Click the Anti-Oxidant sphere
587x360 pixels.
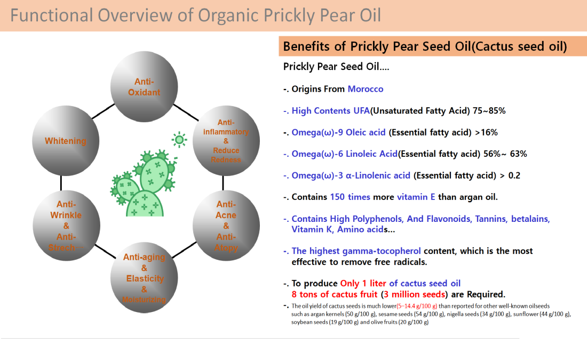pyautogui.click(x=144, y=86)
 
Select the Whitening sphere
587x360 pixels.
pyautogui.click(x=66, y=141)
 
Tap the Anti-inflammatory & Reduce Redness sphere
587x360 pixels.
pyautogui.click(x=226, y=141)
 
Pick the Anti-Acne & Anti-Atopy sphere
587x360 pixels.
pyautogui.click(x=226, y=226)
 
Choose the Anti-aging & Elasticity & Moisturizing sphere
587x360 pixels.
pyautogui.click(x=144, y=278)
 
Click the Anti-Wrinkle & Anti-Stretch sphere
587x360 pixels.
pyautogui.click(x=66, y=226)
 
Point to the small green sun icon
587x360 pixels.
pyautogui.click(x=179, y=140)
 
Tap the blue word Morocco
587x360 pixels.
pyautogui.click(x=366, y=89)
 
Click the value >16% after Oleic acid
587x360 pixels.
pyautogui.click(x=486, y=132)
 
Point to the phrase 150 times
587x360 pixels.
pyautogui.click(x=350, y=197)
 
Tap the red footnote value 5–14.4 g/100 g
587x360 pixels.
pyautogui.click(x=417, y=306)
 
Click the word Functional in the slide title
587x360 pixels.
pyautogui.click(x=52, y=15)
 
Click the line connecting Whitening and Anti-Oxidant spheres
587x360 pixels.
pyautogui.click(x=103, y=111)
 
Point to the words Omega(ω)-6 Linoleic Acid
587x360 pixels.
pyautogui.click(x=344, y=154)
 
